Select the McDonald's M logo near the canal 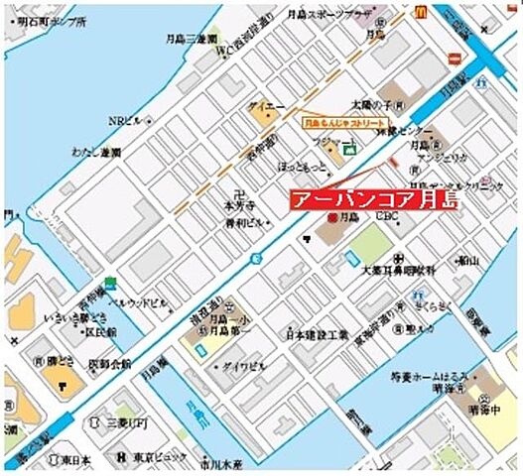point(420,11)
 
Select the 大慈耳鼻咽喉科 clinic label point(399,269)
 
